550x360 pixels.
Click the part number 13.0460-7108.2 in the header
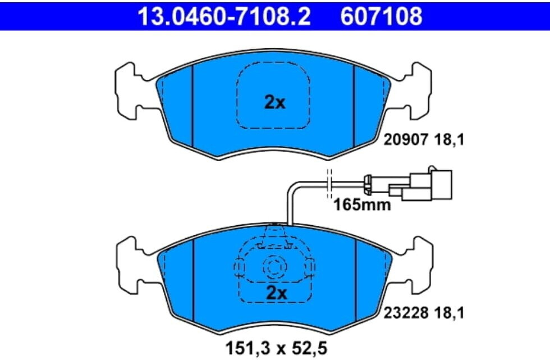[224, 17]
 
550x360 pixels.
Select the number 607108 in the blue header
[381, 17]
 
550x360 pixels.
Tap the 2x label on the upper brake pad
[275, 102]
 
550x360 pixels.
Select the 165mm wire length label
[361, 204]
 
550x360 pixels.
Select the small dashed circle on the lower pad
[275, 268]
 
